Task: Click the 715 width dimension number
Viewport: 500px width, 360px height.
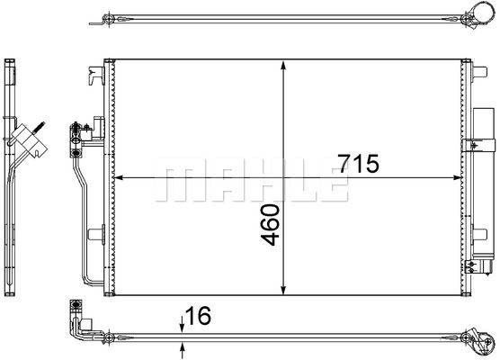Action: (x=359, y=164)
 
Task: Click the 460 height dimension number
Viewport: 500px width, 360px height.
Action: (x=270, y=225)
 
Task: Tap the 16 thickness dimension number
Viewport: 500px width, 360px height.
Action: (x=198, y=315)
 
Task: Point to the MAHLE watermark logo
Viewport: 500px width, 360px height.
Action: (x=251, y=179)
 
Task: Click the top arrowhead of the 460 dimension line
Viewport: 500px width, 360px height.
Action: (x=283, y=65)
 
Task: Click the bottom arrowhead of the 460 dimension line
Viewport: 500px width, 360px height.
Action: (x=283, y=290)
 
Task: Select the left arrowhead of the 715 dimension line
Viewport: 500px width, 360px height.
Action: (x=119, y=177)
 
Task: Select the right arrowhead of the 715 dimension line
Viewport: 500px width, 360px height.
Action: (x=457, y=177)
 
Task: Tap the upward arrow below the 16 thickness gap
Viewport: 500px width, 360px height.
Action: (x=182, y=350)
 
